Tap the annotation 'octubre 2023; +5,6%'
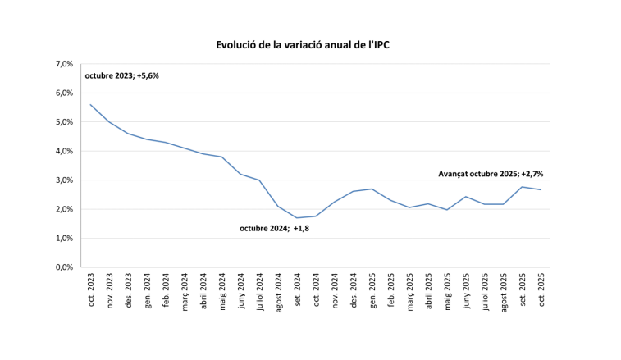coord(121,76)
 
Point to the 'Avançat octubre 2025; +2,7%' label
coord(491,174)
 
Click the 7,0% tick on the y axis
coord(64,64)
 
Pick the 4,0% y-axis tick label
coord(64,151)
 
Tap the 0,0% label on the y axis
coord(64,267)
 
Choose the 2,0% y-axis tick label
coord(64,209)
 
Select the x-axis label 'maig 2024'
coord(221,289)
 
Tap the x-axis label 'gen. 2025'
coord(372,289)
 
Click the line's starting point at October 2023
coord(90,104)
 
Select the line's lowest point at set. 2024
coord(297,218)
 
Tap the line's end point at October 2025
coord(541,189)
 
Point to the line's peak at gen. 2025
coord(372,189)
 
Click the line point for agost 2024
coord(278,206)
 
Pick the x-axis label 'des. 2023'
coord(128,289)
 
